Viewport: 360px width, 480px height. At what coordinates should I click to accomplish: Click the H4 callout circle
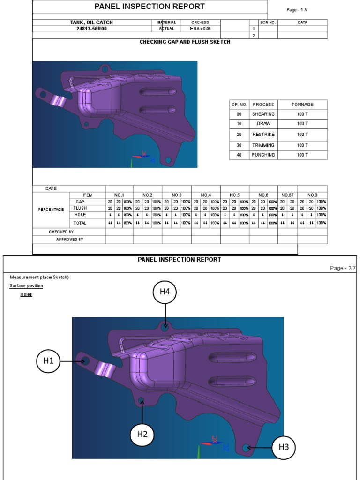coord(165,292)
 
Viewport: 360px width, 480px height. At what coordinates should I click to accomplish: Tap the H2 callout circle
coord(142,434)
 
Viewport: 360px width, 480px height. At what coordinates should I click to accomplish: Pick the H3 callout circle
coord(284,447)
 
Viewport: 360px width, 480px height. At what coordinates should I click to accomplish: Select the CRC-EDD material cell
coord(200,22)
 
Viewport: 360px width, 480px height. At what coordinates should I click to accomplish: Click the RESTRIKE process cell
coord(263,135)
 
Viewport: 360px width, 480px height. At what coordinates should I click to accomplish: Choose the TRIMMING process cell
coord(263,145)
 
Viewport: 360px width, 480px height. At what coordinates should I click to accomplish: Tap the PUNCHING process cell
coord(263,155)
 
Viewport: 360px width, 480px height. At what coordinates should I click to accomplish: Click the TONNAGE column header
coord(302,105)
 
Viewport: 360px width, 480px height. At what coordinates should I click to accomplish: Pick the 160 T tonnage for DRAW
coord(302,124)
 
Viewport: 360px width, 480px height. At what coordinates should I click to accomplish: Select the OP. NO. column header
coord(239,105)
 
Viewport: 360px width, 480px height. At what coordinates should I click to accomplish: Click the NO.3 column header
coord(176,195)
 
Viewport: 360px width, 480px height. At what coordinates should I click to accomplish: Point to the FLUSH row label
coord(80,208)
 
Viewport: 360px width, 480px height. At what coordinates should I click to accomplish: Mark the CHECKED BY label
coord(61,232)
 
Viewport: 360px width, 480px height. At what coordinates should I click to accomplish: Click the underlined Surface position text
coord(26,285)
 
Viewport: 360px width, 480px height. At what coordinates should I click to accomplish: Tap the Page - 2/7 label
coord(343,268)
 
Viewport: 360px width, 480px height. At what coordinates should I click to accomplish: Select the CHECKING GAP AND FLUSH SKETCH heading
coord(185,42)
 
